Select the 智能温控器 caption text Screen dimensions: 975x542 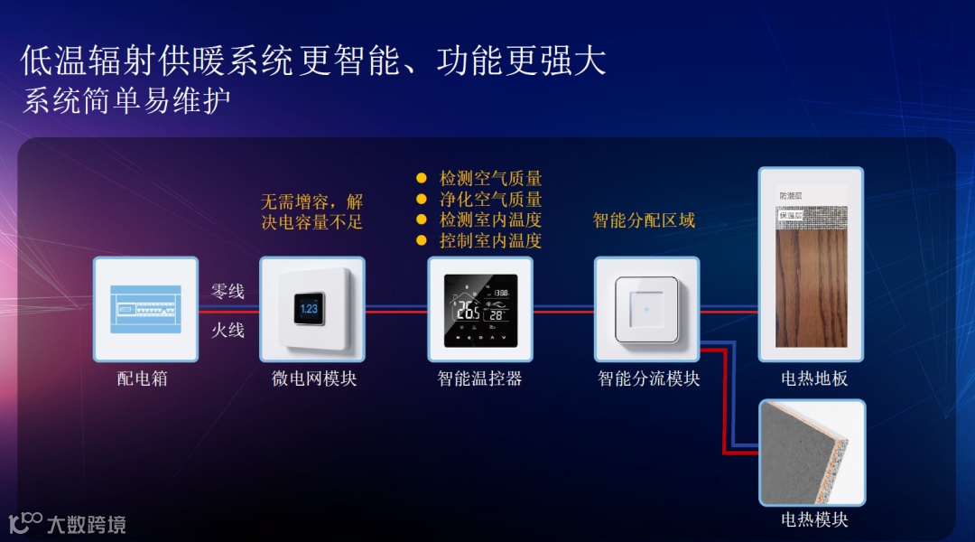[480, 378]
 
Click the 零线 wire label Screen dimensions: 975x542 [227, 292]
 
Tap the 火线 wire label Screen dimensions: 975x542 [227, 330]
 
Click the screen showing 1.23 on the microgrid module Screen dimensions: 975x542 [310, 309]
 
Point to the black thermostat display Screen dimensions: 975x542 [480, 311]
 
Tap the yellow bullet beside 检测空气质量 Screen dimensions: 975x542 [421, 179]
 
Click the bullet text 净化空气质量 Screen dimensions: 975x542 [490, 200]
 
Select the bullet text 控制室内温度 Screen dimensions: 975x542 [490, 241]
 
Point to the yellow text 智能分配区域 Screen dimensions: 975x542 [644, 220]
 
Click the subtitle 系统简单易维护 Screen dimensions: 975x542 [126, 100]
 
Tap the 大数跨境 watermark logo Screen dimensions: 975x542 [68, 523]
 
